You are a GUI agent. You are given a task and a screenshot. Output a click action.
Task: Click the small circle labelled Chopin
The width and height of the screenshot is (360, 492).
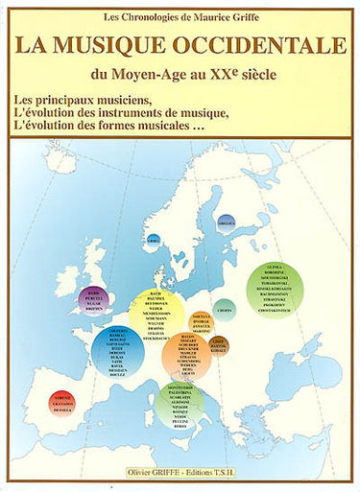click(224, 310)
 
